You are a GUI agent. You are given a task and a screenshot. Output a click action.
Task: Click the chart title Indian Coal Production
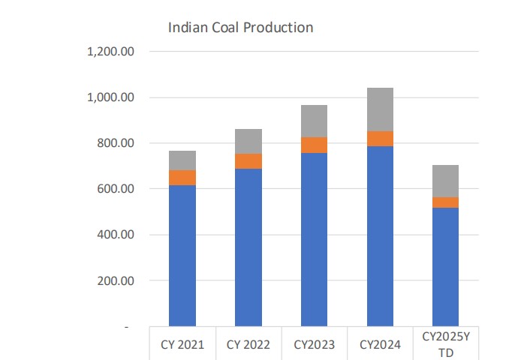click(x=240, y=28)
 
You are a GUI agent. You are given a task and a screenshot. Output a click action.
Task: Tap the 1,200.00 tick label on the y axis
click(x=110, y=52)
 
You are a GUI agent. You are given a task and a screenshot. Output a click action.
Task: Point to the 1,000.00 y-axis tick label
click(x=110, y=97)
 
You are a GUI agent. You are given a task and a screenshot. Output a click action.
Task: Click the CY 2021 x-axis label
click(x=182, y=345)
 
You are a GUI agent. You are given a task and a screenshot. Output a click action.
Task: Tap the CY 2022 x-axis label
click(x=248, y=345)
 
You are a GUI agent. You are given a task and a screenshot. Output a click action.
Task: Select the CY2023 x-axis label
click(x=314, y=345)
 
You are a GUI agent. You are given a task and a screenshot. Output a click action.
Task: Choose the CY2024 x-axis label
click(x=380, y=345)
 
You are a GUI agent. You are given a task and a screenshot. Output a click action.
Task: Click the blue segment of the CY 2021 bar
click(x=182, y=255)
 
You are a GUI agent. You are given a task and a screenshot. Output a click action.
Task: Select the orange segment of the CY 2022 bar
click(x=248, y=161)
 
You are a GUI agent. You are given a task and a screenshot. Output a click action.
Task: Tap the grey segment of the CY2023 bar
click(x=314, y=121)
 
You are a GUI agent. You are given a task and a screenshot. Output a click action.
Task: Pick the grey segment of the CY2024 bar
click(x=380, y=109)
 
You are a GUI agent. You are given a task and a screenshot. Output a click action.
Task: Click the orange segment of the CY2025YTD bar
click(x=445, y=202)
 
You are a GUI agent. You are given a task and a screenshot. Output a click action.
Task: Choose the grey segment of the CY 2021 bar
click(x=182, y=160)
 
